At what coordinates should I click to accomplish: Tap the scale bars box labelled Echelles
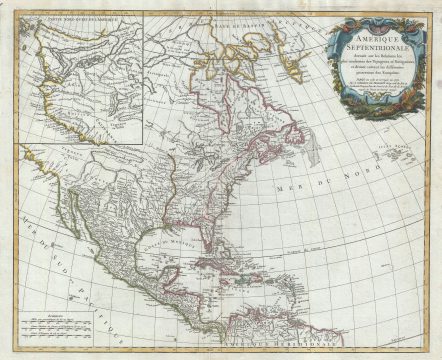[x=60, y=323]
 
